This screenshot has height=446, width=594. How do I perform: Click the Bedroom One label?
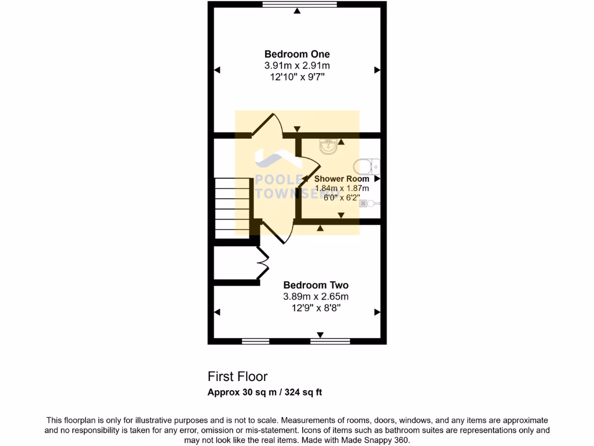[x=297, y=55]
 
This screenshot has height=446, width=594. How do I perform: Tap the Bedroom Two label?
[x=316, y=285]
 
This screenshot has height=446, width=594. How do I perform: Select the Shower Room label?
[x=342, y=179]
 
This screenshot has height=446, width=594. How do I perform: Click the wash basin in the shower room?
[x=329, y=147]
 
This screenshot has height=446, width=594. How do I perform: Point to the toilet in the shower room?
[x=369, y=167]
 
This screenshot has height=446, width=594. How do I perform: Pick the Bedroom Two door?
[x=277, y=232]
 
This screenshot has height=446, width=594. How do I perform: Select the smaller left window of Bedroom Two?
[x=255, y=341]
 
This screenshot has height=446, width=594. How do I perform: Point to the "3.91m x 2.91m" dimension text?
[x=297, y=66]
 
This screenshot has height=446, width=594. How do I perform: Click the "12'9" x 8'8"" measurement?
[x=316, y=308]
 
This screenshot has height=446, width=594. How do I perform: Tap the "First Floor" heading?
[x=237, y=377]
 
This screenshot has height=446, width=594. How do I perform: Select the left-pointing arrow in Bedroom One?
[x=218, y=70]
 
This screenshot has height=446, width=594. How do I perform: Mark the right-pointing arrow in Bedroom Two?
[x=376, y=312]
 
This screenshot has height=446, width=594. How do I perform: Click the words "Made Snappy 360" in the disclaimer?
[x=376, y=440]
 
